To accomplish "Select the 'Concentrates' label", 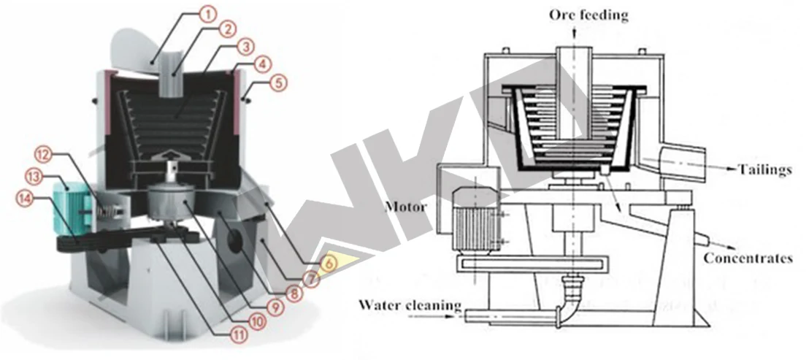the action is pyautogui.click(x=755, y=258).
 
